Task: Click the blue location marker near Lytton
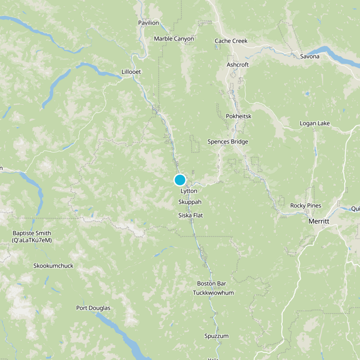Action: click(180, 180)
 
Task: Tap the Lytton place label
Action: click(189, 191)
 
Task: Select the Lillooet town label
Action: click(131, 72)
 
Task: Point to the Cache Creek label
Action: click(231, 41)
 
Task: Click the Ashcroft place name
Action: click(238, 65)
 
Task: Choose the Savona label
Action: click(310, 56)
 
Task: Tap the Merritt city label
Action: click(319, 222)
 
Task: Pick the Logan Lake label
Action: click(315, 124)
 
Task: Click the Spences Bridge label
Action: click(228, 142)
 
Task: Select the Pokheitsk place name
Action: click(238, 117)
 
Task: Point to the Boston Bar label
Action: click(211, 283)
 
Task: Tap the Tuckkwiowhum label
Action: click(213, 293)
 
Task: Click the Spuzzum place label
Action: click(216, 336)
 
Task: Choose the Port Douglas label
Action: click(93, 308)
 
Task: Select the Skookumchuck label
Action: click(53, 266)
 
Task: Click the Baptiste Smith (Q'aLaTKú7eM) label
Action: click(32, 237)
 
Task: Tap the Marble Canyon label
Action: click(174, 39)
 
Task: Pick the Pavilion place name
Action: click(148, 22)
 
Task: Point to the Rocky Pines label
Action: click(306, 206)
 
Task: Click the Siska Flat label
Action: click(190, 216)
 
